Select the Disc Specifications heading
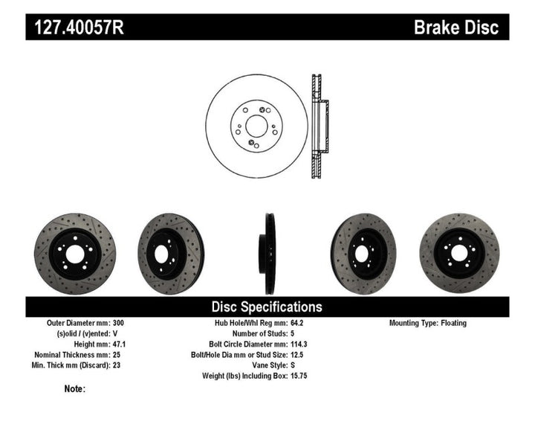pos(267,307)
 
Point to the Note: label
pos(74,389)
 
